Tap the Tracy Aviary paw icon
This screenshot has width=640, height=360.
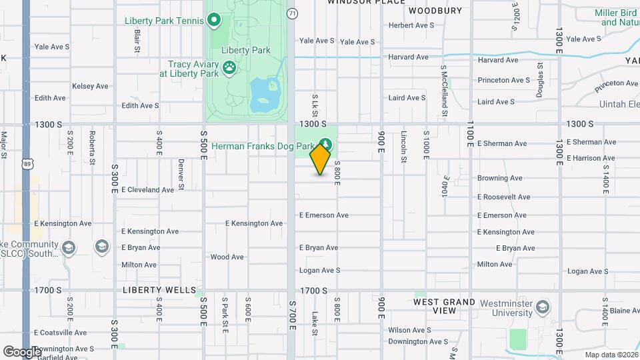pos(229,67)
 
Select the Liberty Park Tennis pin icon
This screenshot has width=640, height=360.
pos(214,21)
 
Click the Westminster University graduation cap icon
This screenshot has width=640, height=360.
pos(543,307)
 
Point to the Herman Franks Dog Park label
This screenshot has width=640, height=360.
pos(263,145)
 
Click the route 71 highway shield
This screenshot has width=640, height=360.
pos(292,13)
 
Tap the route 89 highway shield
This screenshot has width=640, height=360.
pos(27,165)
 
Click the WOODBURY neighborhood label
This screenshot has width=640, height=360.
pos(435,11)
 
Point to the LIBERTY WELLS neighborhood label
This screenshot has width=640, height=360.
pos(159,291)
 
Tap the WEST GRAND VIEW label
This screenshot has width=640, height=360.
pos(444,306)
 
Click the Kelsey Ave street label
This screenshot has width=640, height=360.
pos(90,86)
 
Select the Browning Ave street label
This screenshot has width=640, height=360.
pos(499,178)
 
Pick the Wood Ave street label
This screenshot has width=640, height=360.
pos(227,257)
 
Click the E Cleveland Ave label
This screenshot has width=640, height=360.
pos(147,189)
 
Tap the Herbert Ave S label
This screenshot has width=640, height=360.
pos(411,25)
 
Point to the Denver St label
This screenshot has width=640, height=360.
pos(181,170)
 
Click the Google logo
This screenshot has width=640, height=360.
pos(22,351)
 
